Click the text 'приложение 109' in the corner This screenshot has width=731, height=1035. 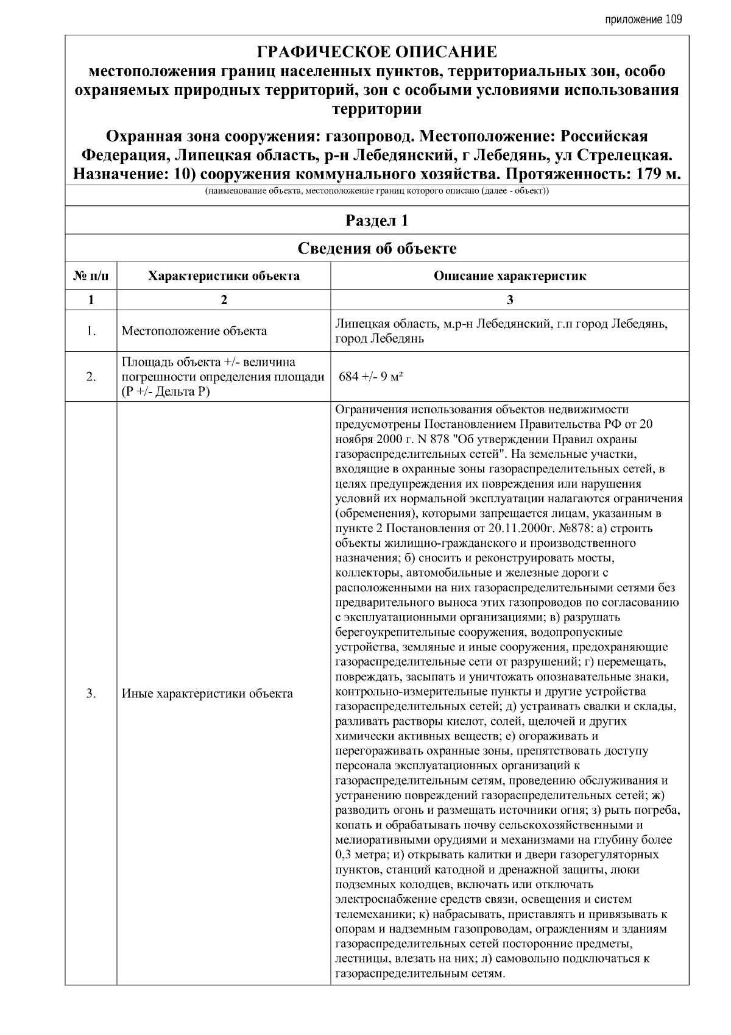643,20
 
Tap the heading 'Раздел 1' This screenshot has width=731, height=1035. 376,221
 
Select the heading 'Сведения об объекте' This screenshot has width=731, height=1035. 376,248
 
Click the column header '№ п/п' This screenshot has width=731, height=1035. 91,276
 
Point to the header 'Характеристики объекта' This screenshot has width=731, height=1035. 224,276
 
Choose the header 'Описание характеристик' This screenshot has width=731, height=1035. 510,276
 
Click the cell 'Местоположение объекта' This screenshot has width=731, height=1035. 194,331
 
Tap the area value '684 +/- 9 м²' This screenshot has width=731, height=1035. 372,376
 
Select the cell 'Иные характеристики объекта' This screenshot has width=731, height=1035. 207,693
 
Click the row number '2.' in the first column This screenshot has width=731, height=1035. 91,377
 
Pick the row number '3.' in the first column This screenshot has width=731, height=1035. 91,693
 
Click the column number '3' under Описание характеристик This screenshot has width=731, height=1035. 510,300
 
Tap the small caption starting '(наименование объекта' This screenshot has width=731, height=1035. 376,191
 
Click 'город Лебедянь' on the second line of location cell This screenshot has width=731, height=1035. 379,339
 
